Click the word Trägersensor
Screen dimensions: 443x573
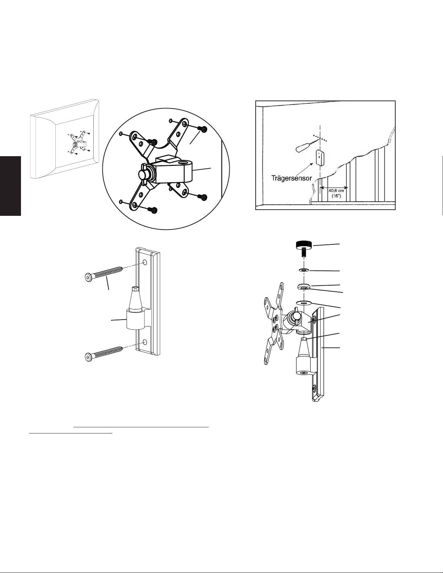coord(291,178)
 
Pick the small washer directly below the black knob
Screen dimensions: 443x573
coord(304,270)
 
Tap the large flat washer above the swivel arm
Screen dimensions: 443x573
coord(304,302)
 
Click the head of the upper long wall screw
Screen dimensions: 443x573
coord(88,277)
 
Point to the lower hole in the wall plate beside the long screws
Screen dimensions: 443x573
coord(145,342)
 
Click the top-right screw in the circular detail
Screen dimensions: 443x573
coord(204,129)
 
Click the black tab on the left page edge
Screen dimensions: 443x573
coord(10,186)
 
